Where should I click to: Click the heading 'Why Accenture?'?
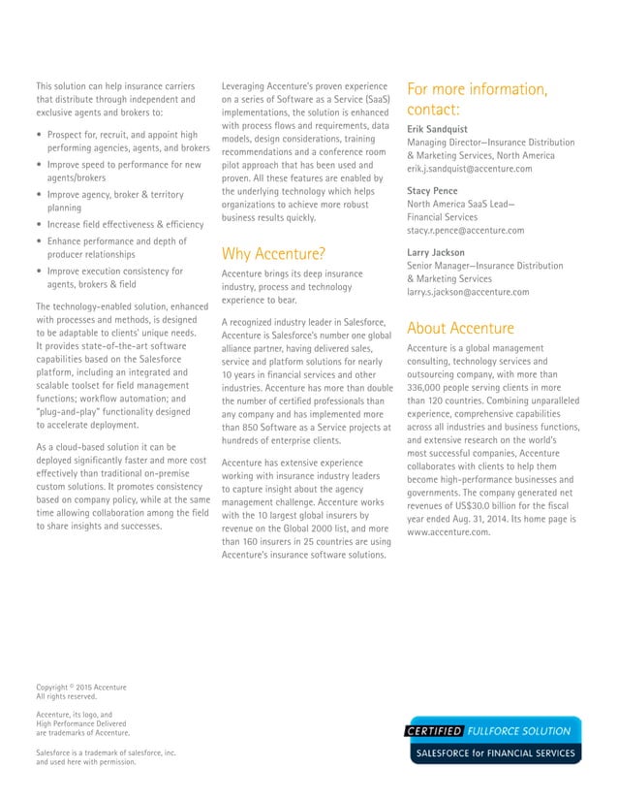(273, 255)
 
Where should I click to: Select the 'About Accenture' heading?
(460, 328)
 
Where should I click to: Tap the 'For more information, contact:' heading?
(477, 99)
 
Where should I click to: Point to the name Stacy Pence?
(432, 191)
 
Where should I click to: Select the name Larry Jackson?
(437, 252)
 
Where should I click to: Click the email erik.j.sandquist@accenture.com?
(469, 169)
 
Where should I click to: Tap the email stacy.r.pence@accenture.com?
(465, 231)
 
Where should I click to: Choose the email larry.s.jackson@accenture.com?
(468, 292)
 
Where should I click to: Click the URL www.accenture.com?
(448, 533)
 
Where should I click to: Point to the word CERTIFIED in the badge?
(433, 731)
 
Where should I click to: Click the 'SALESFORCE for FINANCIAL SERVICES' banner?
(494, 753)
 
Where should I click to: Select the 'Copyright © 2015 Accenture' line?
(81, 688)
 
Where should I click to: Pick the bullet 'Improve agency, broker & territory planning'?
(114, 201)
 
